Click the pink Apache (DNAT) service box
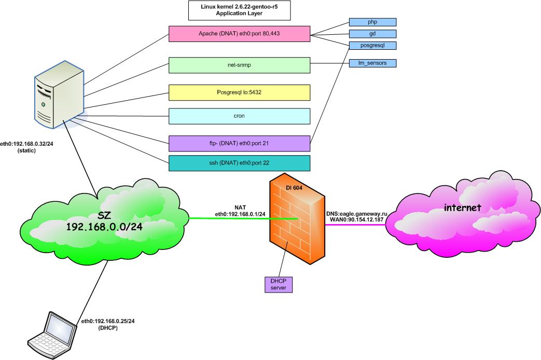coord(240,34)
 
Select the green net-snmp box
coord(240,65)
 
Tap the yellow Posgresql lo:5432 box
coord(240,92)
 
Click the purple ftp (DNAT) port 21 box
coord(240,142)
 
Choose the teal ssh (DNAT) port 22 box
coord(240,163)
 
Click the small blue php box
coord(372,22)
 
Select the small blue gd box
coord(372,34)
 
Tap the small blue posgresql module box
coord(372,46)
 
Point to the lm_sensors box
coord(372,63)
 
